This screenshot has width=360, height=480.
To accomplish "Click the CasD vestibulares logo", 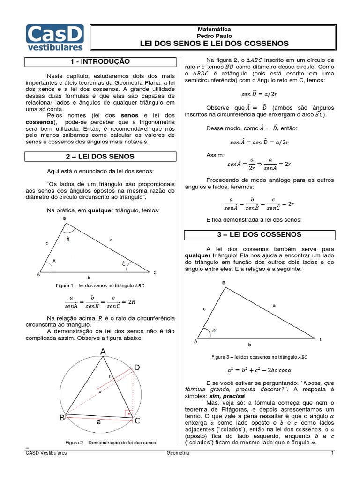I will [x=55, y=37].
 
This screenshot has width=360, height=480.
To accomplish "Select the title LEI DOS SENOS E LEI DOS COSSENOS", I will [x=214, y=44].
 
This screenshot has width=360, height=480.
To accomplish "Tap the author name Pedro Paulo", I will [x=214, y=36].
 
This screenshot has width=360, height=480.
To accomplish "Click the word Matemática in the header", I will [x=214, y=29].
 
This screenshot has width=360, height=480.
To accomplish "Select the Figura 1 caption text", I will [x=100, y=285].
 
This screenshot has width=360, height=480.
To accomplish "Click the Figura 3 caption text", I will [x=259, y=357].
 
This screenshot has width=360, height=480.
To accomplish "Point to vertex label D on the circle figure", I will [x=137, y=367].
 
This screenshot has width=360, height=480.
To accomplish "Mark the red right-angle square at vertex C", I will [x=127, y=413].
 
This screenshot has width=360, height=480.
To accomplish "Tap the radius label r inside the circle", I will [x=111, y=376].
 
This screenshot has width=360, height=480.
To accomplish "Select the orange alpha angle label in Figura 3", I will [x=215, y=330].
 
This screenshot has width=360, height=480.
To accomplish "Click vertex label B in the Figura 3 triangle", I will [x=223, y=283].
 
